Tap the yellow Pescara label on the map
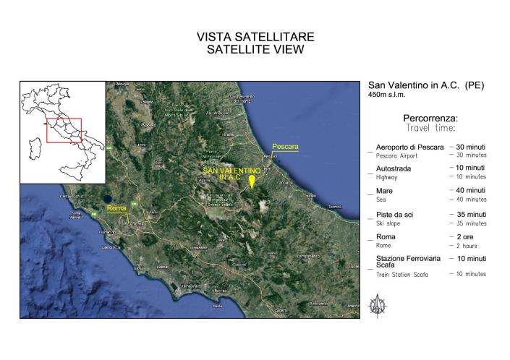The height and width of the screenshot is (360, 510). tap(285, 147)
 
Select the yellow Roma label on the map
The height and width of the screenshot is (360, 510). tap(116, 208)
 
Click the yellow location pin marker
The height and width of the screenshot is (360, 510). tap(252, 181)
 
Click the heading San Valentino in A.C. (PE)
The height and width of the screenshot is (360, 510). tap(426, 85)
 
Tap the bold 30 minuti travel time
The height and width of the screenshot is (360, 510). tap(469, 147)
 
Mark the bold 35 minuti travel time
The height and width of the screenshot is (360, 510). tap(469, 215)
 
